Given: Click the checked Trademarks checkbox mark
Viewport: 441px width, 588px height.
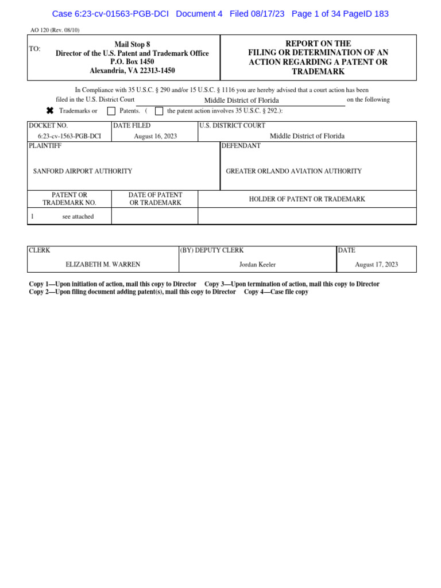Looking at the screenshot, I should pyautogui.click(x=50, y=111).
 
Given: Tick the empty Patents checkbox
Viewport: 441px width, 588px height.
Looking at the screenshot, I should pyautogui.click(x=111, y=111).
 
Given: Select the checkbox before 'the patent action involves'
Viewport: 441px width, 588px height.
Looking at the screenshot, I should pyautogui.click(x=159, y=111).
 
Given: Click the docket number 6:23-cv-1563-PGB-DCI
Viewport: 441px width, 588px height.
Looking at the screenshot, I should pyautogui.click(x=69, y=136).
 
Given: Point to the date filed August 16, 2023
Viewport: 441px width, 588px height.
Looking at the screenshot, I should pyautogui.click(x=155, y=136).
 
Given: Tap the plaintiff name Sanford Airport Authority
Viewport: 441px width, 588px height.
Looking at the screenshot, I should pyautogui.click(x=83, y=171).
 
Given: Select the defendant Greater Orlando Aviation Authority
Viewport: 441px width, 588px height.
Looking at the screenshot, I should pyautogui.click(x=294, y=171).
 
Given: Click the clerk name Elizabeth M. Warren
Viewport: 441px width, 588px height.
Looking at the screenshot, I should pyautogui.click(x=103, y=264).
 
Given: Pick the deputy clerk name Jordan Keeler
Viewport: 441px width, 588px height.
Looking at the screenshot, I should pyautogui.click(x=257, y=264).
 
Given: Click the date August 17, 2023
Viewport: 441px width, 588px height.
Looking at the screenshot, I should pyautogui.click(x=376, y=264).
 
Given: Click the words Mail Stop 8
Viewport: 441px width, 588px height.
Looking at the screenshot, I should pyautogui.click(x=132, y=44).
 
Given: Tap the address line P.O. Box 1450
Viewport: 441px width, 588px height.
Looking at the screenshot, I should pyautogui.click(x=132, y=62).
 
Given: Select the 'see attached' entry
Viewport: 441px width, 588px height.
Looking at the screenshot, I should pyautogui.click(x=78, y=216).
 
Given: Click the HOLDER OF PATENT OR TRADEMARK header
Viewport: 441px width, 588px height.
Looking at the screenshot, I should pyautogui.click(x=307, y=199).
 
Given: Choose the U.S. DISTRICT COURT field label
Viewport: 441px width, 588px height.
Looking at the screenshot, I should pyautogui.click(x=232, y=125).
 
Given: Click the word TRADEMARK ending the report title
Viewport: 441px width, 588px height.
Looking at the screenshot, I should pyautogui.click(x=318, y=71).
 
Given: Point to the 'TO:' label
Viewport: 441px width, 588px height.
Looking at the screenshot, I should pyautogui.click(x=34, y=49).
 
